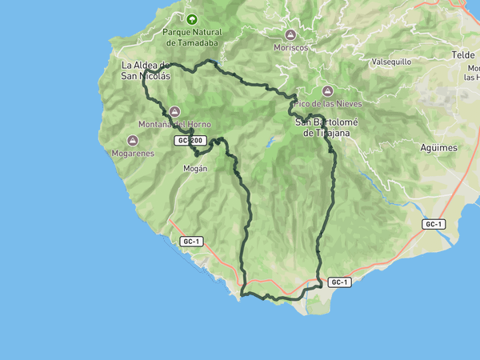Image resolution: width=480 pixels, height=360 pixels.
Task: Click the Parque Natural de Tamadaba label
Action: (x=190, y=37)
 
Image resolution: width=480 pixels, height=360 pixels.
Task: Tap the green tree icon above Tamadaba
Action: (x=190, y=18)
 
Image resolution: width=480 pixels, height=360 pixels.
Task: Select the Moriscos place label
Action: (x=290, y=48)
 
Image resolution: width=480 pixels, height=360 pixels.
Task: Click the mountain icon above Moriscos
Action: (x=290, y=34)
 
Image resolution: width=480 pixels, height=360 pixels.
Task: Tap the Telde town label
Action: (x=463, y=54)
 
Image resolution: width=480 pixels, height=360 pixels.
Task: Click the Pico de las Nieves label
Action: (x=326, y=104)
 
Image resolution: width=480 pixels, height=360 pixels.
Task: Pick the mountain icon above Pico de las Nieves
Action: (x=327, y=91)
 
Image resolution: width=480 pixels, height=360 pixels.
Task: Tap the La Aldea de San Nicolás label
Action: (x=145, y=70)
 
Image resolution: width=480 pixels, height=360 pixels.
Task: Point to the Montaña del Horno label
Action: (x=174, y=124)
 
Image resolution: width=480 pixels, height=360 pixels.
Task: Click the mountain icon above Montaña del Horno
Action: (x=174, y=111)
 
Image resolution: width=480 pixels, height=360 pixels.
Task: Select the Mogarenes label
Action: (x=133, y=152)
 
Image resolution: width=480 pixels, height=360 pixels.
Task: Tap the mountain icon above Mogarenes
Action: (x=133, y=140)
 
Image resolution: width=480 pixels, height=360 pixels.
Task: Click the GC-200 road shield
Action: (x=190, y=141)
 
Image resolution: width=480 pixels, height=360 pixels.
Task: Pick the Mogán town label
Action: (x=195, y=169)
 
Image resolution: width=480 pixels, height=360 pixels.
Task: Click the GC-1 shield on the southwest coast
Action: (x=190, y=242)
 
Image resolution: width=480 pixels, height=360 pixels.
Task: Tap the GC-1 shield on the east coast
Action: (x=434, y=225)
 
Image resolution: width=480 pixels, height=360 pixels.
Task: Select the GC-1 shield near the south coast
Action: (x=339, y=282)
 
